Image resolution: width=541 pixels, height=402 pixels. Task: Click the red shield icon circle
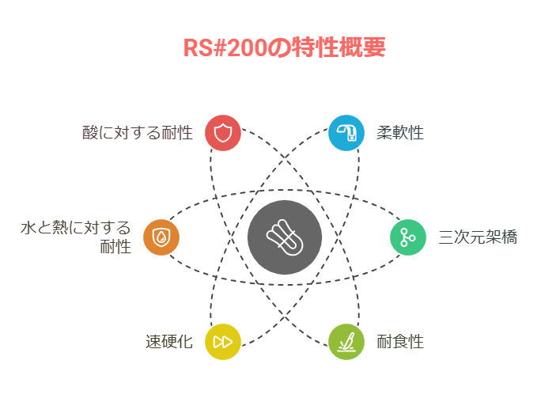coord(223,133)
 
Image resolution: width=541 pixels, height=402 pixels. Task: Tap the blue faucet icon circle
coord(346,133)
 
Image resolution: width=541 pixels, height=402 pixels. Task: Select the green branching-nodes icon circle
coord(408,237)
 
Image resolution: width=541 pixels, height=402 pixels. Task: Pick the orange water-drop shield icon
coord(161,237)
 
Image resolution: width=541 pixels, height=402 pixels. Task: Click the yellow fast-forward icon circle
coord(223,342)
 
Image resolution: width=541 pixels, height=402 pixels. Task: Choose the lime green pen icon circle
coord(346,342)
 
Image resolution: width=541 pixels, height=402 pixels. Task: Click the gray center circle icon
coord(285,237)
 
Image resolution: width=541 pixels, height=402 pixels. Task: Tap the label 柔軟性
coord(400,133)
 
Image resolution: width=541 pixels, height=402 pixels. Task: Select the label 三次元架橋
coord(478,237)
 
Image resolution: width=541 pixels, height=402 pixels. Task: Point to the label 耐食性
coord(400,342)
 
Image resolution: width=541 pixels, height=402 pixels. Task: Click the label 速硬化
coord(169,342)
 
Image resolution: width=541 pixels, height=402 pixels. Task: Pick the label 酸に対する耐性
coord(138,133)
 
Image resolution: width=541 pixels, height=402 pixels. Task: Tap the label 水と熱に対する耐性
coord(76,237)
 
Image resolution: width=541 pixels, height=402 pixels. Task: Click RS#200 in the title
coord(225,47)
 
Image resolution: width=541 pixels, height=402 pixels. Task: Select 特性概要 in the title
coord(339,47)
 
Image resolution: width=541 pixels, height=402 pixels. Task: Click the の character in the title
coord(279,47)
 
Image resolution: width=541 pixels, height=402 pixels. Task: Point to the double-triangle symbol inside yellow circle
coord(223,342)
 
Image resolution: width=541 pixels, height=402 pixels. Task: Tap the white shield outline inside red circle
coord(223,133)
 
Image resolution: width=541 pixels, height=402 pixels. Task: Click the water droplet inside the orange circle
coord(161,237)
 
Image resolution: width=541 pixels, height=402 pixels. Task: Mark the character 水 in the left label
coord(28,228)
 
